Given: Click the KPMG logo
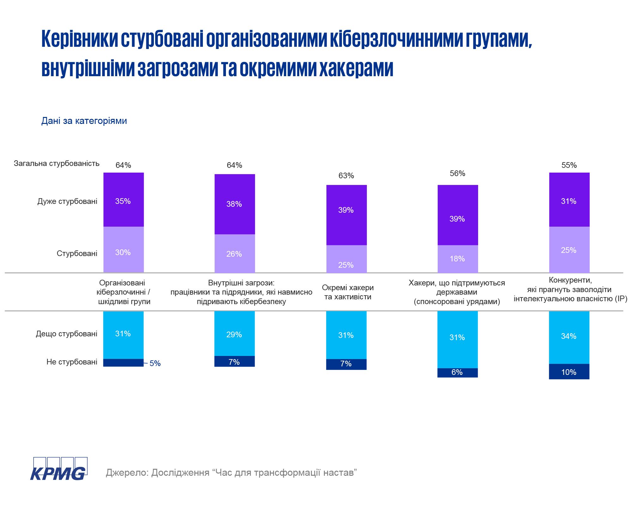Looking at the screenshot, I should pyautogui.click(x=59, y=469).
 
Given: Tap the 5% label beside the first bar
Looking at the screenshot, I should pyautogui.click(x=155, y=364).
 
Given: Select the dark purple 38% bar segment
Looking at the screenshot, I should pyautogui.click(x=234, y=204).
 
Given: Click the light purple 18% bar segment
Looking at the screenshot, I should pyautogui.click(x=458, y=259).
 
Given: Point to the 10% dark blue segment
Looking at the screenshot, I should pyautogui.click(x=569, y=372).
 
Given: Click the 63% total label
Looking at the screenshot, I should pyautogui.click(x=346, y=176).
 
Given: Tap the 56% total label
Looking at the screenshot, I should pyautogui.click(x=458, y=174).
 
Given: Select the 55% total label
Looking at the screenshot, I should pyautogui.click(x=569, y=165).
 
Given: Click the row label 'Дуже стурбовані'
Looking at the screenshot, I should pyautogui.click(x=67, y=201).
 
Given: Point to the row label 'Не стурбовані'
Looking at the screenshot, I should pyautogui.click(x=72, y=362).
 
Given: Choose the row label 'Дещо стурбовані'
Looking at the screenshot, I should pyautogui.click(x=66, y=334).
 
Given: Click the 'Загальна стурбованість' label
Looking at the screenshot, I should pyautogui.click(x=57, y=163).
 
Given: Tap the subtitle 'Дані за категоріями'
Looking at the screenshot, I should pyautogui.click(x=84, y=121).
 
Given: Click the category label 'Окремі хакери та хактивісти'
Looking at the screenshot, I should pyautogui.click(x=348, y=292).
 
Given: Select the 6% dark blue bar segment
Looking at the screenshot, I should pyautogui.click(x=458, y=373).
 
